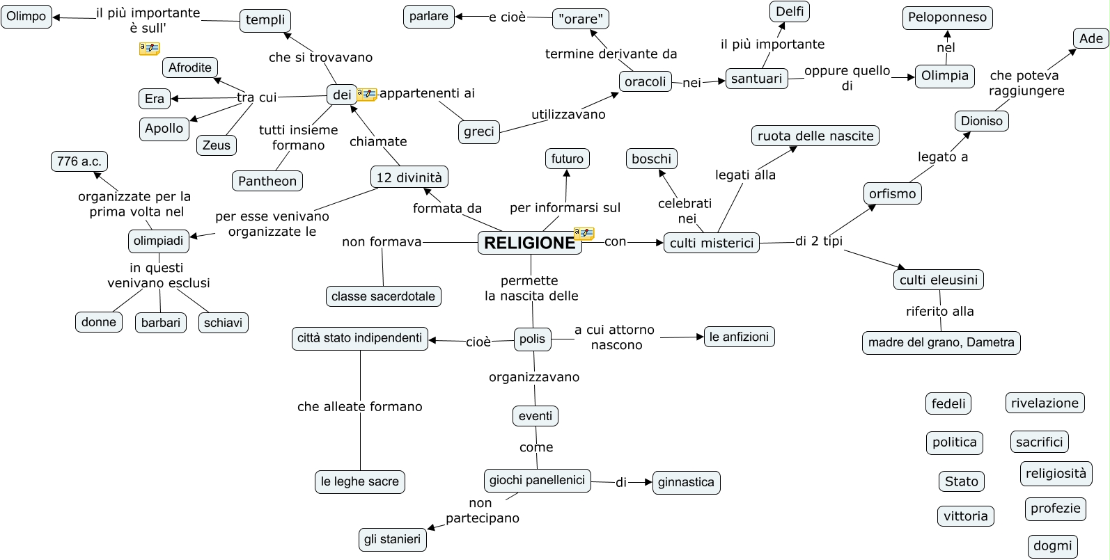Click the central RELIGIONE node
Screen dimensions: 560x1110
(x=529, y=243)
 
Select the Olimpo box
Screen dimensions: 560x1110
(x=26, y=17)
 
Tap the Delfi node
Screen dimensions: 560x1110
(x=790, y=11)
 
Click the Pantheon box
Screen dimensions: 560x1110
(x=267, y=181)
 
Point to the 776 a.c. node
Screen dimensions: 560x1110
(x=79, y=161)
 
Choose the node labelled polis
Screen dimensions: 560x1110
(x=532, y=339)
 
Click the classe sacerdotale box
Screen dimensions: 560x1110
(x=383, y=296)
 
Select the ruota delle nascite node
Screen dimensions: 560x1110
(x=815, y=136)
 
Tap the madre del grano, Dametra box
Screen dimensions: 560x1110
(x=941, y=342)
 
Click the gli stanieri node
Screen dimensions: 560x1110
(x=392, y=539)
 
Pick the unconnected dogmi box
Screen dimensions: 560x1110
(x=1052, y=546)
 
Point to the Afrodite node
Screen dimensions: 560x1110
(x=190, y=67)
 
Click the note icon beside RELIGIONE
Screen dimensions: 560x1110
(x=584, y=233)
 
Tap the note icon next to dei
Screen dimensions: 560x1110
(x=367, y=94)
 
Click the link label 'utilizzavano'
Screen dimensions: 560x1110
(x=568, y=115)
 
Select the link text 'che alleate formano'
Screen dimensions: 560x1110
(x=359, y=407)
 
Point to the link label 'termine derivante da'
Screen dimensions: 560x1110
(x=611, y=54)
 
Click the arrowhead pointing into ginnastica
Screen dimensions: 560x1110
(x=648, y=482)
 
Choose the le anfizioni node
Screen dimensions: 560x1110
(x=739, y=337)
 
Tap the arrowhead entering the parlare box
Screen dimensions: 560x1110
(x=460, y=17)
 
